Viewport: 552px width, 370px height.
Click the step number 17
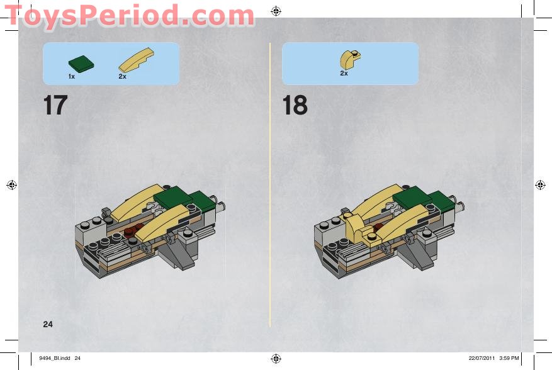coord(55,105)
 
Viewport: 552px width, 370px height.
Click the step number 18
coord(295,105)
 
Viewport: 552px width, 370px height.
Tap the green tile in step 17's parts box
coord(81,64)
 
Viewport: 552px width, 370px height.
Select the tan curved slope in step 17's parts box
coord(136,60)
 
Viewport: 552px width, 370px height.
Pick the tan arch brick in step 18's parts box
coord(350,60)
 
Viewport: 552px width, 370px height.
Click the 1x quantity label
coord(72,76)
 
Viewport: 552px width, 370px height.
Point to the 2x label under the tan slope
coord(122,76)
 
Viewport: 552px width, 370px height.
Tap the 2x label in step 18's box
coord(344,73)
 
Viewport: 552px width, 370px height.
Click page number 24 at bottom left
coord(48,324)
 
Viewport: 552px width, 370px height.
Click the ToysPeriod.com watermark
coord(129,16)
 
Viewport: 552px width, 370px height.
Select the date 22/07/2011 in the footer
coord(482,358)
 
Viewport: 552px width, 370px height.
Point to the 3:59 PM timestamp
coord(509,358)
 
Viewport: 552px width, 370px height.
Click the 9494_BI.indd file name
coord(55,358)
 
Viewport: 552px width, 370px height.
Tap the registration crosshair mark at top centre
coord(276,11)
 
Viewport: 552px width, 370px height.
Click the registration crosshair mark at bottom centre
coord(276,359)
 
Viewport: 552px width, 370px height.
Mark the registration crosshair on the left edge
coord(11,185)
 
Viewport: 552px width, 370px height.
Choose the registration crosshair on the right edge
coord(540,185)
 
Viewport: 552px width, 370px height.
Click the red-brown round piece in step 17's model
coord(133,230)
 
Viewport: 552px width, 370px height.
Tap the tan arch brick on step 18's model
coord(361,229)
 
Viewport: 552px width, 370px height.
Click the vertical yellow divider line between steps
coord(270,185)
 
